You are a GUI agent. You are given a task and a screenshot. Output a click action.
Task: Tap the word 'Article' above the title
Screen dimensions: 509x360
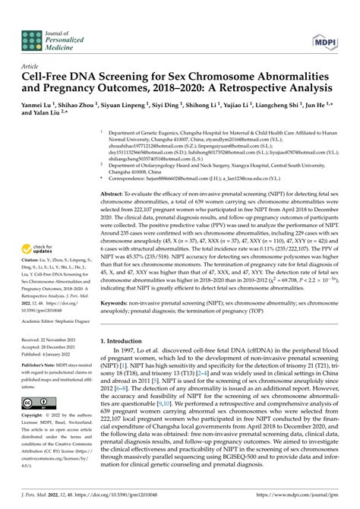coord(32,66)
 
